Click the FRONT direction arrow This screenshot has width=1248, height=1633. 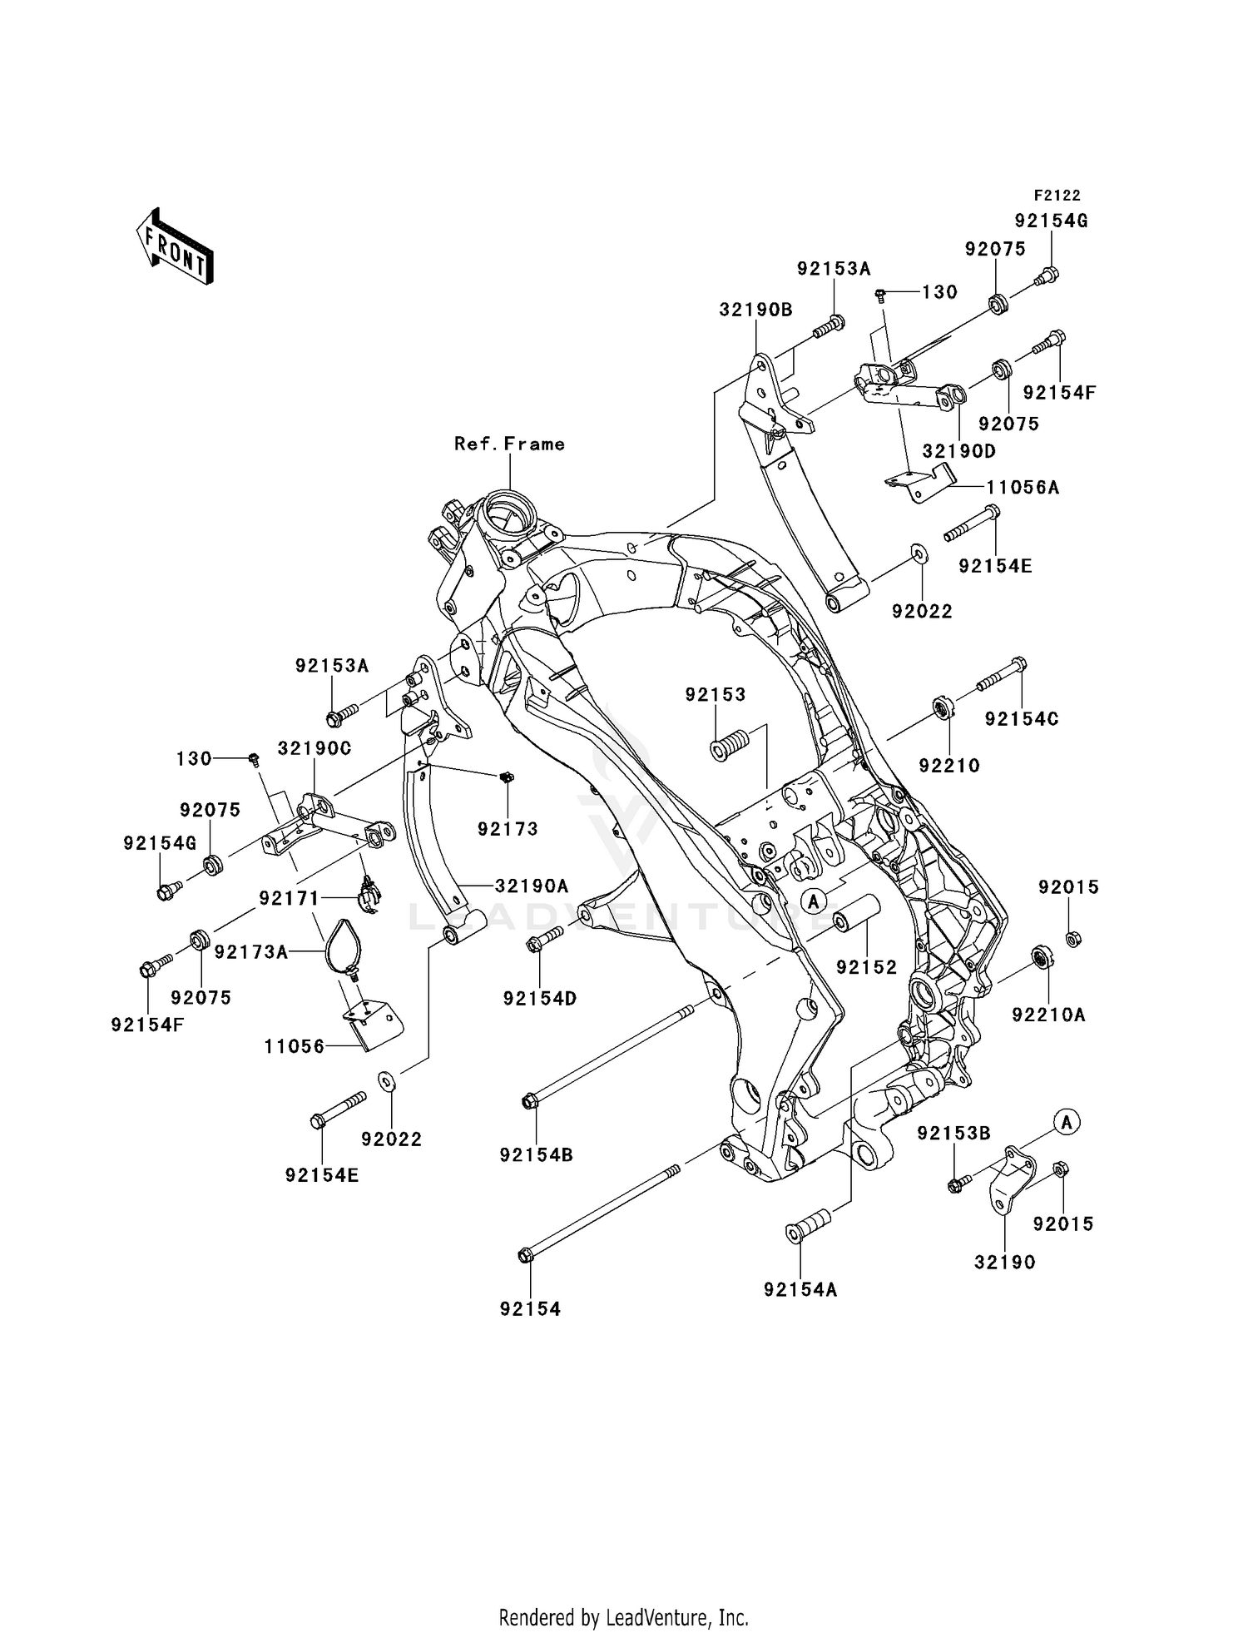click(176, 247)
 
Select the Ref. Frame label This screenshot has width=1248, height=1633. click(509, 444)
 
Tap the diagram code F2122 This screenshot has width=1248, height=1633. click(1057, 196)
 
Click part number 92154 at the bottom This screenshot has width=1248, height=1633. click(530, 1309)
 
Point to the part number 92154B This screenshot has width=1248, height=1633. click(536, 1155)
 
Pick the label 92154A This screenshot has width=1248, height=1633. click(800, 1290)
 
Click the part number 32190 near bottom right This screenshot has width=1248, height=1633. click(1005, 1263)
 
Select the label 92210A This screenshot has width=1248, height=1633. click(1048, 1015)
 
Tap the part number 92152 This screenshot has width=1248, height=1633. click(867, 967)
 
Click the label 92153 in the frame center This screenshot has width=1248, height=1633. click(716, 694)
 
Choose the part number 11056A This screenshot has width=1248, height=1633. click(1023, 487)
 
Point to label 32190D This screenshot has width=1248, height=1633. click(958, 451)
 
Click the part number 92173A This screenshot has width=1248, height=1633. click(251, 951)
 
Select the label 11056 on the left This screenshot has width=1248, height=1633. click(295, 1047)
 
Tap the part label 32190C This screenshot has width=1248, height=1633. click(314, 748)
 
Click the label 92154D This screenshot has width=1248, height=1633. click(540, 998)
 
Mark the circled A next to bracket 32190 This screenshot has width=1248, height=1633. click(1067, 1122)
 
